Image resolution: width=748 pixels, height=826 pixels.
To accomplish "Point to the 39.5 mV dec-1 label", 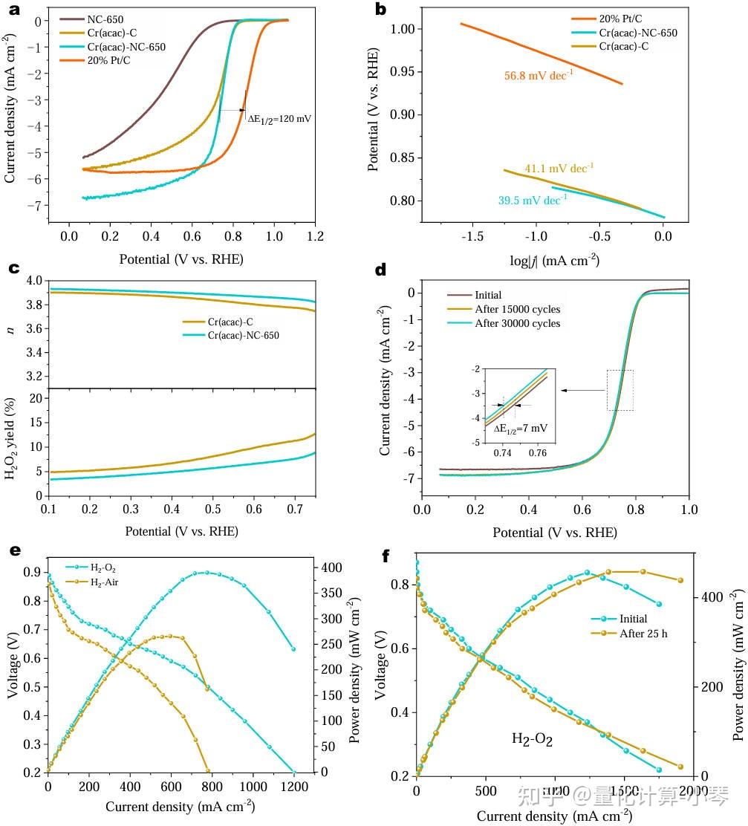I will (x=532, y=199).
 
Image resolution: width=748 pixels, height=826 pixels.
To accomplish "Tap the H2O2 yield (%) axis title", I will (x=13, y=440).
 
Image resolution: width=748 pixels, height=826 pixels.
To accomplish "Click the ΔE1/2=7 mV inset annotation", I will (x=519, y=429).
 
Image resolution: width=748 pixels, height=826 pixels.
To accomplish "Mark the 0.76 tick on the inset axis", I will (x=538, y=452).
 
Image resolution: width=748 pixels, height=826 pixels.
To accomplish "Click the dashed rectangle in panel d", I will (x=619, y=390).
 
